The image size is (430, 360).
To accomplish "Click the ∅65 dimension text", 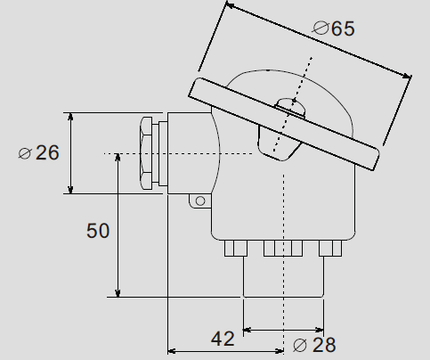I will pos(334,28).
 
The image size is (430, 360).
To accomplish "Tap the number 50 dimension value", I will pos(98,231).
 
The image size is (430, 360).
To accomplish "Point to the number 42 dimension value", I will pos(223,339).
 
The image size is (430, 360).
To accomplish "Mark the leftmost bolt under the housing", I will pos(236,248).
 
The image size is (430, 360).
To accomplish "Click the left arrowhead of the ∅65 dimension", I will pos(229,6).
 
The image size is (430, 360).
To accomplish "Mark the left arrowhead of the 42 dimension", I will pos(173,349).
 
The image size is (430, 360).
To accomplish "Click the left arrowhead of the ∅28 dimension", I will pos(248,330).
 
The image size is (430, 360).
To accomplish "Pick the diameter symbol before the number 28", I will pos(300,345).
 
